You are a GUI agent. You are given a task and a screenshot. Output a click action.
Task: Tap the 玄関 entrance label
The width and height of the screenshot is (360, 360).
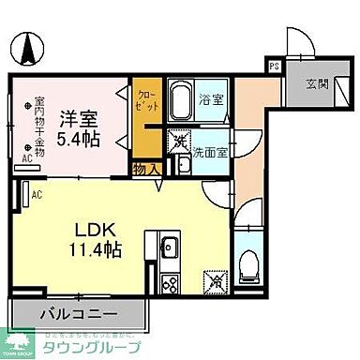pyautogui.click(x=316, y=83)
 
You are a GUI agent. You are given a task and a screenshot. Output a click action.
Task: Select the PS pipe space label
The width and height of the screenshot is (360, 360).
pyautogui.click(x=275, y=67)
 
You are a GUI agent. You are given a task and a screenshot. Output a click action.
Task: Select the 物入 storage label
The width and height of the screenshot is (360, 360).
pyautogui.click(x=145, y=169)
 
